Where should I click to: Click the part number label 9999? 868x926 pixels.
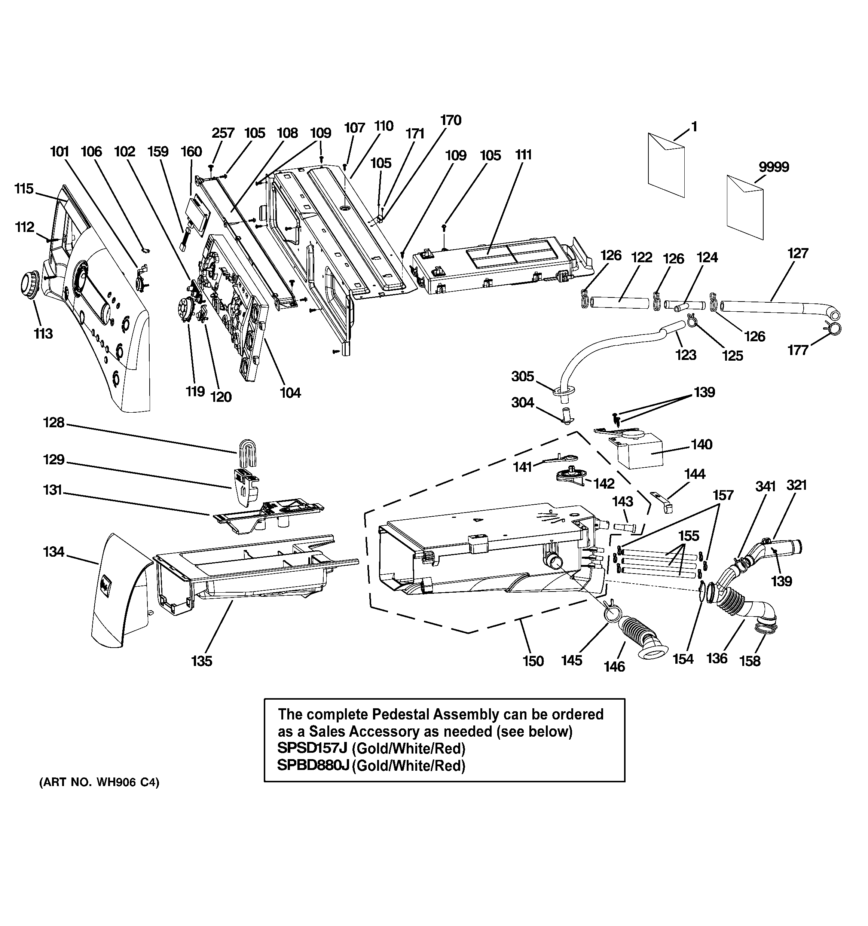[773, 167]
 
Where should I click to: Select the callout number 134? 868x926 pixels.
[53, 552]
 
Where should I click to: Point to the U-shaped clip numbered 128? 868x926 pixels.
[248, 452]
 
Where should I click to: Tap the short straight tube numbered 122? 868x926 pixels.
[620, 302]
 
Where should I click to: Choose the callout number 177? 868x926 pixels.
[797, 350]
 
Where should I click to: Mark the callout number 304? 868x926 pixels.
[522, 403]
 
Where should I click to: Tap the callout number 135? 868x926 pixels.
[201, 661]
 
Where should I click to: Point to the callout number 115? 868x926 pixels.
[24, 189]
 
